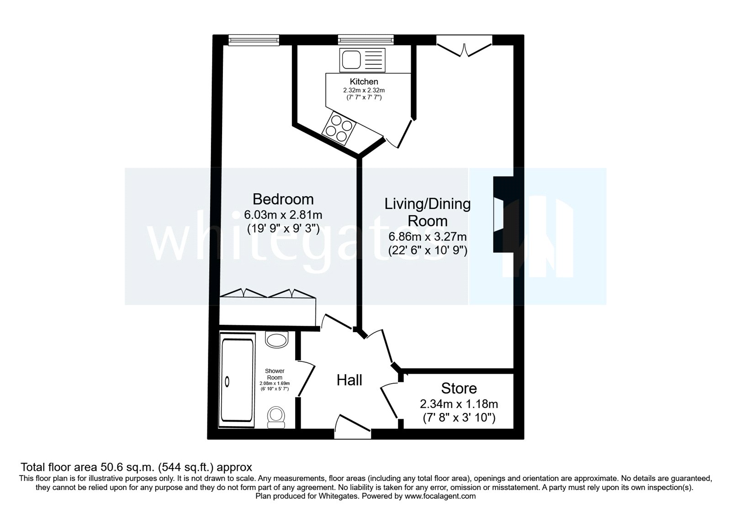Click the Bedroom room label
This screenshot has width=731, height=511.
(x=283, y=199)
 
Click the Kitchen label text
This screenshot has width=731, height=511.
(x=364, y=82)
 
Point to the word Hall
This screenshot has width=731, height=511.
(x=349, y=380)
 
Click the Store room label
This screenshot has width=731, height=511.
(x=459, y=388)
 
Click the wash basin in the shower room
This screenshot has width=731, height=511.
(x=277, y=339)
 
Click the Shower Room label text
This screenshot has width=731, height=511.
(x=275, y=374)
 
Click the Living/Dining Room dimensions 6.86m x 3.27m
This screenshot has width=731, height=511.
(x=427, y=237)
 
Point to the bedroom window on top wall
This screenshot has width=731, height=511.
(x=254, y=41)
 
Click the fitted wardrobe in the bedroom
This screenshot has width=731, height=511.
(x=267, y=310)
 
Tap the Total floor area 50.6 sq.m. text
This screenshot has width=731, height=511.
(x=136, y=467)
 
